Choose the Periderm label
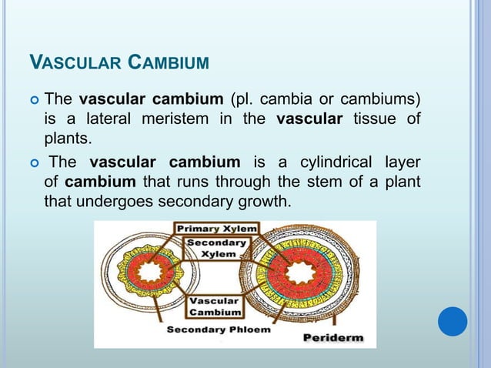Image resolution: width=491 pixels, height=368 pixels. [332, 338]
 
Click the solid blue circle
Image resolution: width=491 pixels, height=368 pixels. [453, 321]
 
